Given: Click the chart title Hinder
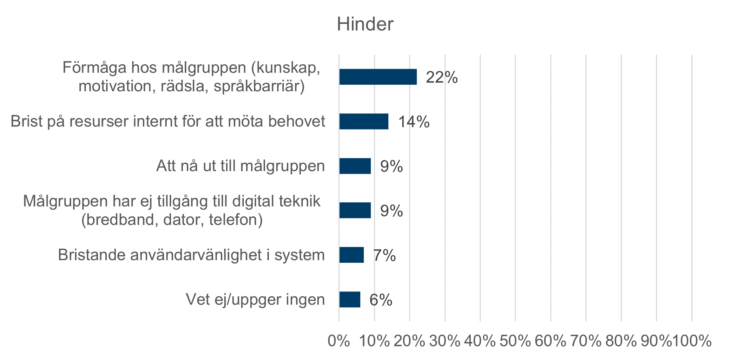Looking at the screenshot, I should click(x=365, y=24).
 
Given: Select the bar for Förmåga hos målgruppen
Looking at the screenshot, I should click(x=378, y=77).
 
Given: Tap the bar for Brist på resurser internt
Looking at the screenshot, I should click(x=364, y=122).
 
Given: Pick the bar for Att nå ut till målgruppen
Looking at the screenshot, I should click(x=355, y=166).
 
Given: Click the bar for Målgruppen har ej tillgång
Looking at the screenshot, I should click(x=355, y=210).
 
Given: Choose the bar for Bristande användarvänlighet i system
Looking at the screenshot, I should click(x=351, y=255).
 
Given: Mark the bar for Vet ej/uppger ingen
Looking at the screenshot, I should click(x=350, y=300).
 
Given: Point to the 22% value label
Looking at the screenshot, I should click(x=442, y=77).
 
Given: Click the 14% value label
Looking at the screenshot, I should click(x=414, y=122).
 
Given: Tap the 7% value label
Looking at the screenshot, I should click(x=384, y=255).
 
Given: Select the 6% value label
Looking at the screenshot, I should click(x=381, y=300).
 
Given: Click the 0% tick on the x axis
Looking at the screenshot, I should click(x=338, y=341).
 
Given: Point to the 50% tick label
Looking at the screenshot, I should click(x=515, y=341).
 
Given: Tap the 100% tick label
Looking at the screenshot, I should click(x=692, y=341).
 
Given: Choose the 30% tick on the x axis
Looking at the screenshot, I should click(x=445, y=341).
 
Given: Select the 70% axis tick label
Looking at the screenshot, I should click(x=585, y=341).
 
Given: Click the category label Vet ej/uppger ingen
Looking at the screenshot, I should click(x=255, y=300).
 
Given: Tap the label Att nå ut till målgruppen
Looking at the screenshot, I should click(x=241, y=166).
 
